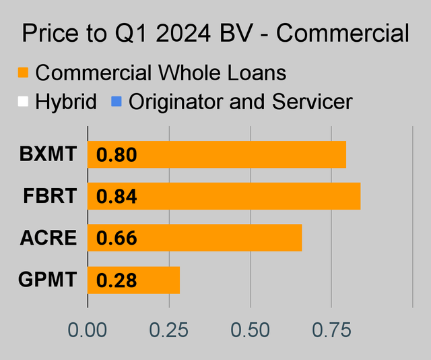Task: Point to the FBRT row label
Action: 49,196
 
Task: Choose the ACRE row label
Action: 48,238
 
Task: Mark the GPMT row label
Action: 47,280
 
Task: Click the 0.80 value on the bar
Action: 117,155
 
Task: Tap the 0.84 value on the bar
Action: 117,197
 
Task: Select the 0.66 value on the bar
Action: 117,238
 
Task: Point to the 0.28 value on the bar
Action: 117,280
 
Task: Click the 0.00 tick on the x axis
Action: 88,330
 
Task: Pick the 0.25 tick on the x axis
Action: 169,330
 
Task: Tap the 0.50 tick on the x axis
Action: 250,330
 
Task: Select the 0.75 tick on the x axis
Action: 331,330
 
